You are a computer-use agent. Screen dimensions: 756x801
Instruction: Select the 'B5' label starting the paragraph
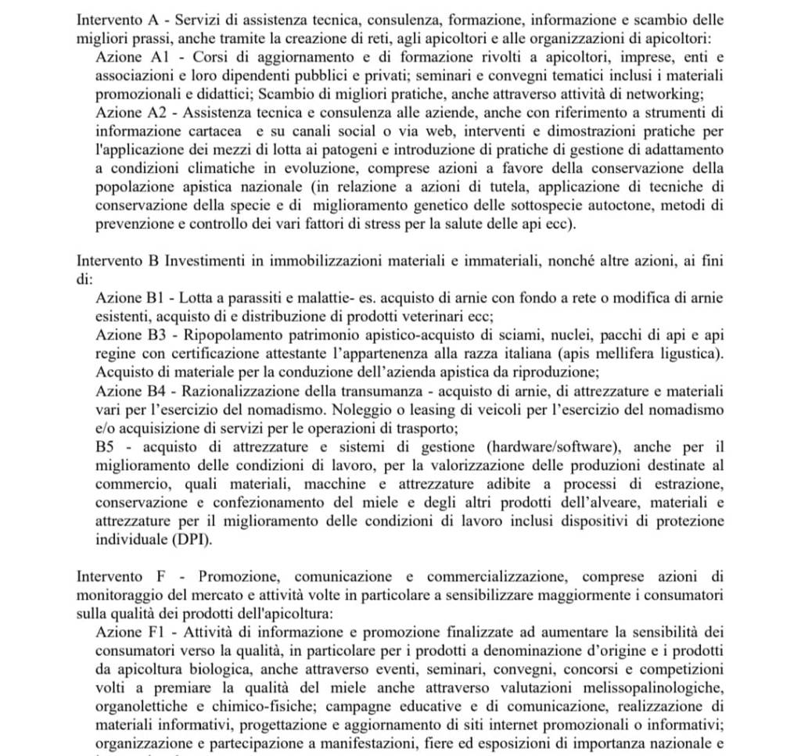[105, 446]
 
